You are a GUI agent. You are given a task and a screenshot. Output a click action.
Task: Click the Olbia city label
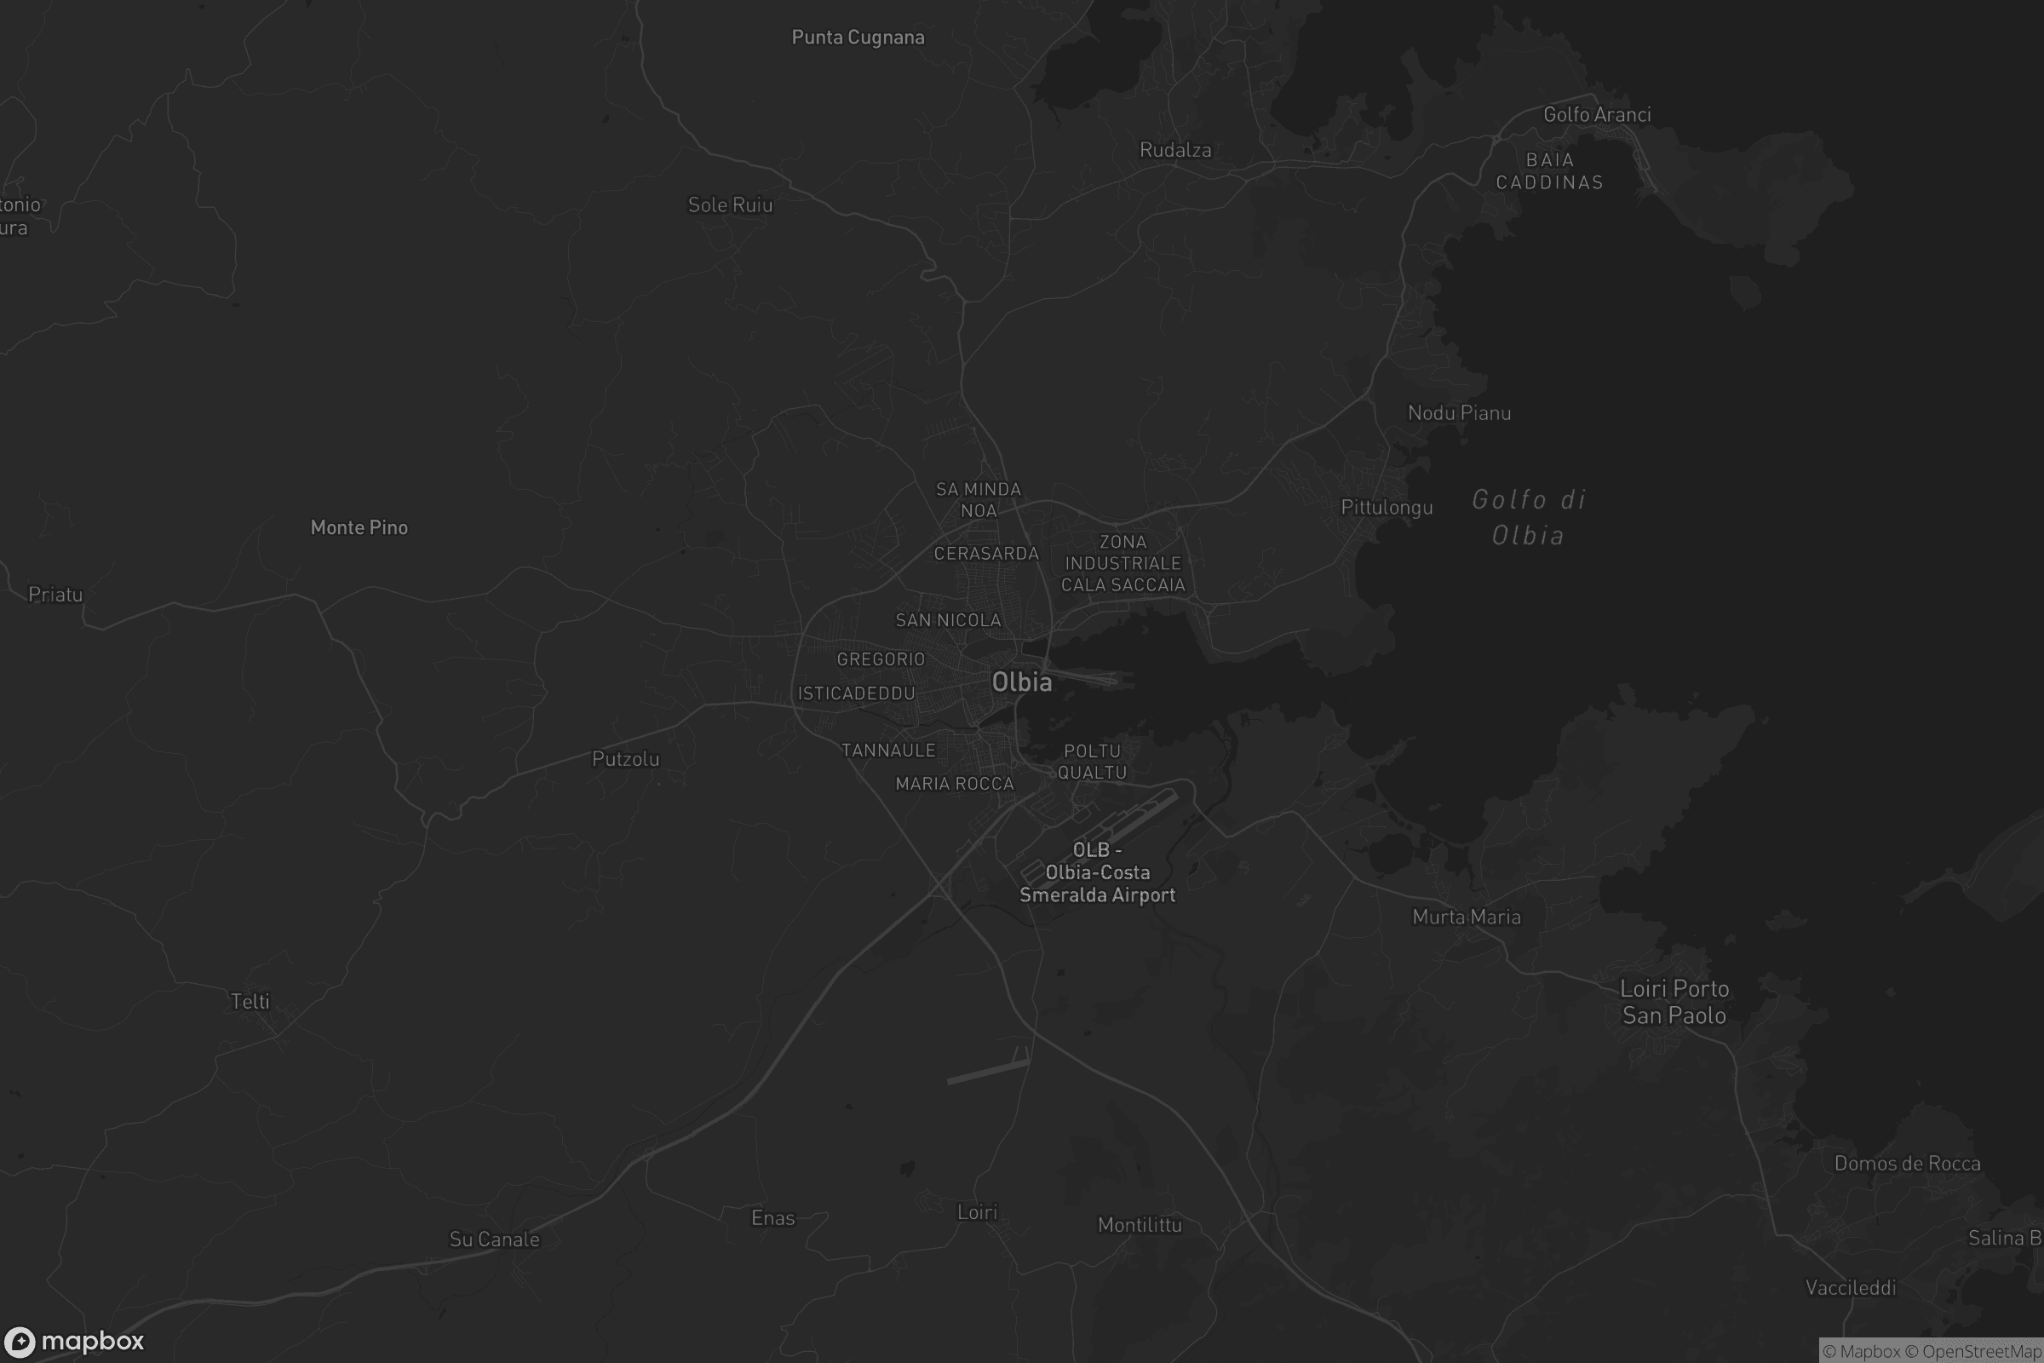coord(1022,682)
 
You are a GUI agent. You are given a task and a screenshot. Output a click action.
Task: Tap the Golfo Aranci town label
coord(1596,115)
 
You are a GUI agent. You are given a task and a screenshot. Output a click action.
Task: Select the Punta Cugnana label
coord(858,37)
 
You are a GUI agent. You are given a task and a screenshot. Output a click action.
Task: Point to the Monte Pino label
coord(359,527)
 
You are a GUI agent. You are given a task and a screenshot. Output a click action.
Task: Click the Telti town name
coord(250,1002)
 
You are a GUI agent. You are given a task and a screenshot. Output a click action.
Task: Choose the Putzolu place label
coord(626,759)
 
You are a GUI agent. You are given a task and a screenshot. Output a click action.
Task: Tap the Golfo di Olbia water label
coord(1529,517)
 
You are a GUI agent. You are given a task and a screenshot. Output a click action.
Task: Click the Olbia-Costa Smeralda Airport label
coord(1098,872)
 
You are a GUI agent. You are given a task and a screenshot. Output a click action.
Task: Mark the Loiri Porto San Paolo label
coord(1674,1003)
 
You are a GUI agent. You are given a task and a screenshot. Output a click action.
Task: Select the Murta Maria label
coord(1467,917)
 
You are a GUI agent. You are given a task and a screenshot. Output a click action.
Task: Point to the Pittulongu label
coord(1387,508)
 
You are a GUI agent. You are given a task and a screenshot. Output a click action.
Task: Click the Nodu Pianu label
coord(1459,413)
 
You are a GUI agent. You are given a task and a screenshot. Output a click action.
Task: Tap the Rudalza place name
coord(1175,151)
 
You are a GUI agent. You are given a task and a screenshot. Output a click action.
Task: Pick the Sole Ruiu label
coord(730,205)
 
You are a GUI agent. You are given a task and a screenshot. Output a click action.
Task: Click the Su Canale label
coord(495,1239)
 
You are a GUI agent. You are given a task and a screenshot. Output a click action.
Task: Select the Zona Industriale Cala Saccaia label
coord(1122,563)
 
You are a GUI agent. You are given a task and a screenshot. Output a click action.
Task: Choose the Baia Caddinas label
coord(1549,171)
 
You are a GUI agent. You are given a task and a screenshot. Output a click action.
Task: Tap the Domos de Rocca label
coord(1908,1164)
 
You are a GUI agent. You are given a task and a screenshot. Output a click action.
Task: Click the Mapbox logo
coord(75,1341)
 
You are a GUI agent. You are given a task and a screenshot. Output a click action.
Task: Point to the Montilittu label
coord(1140,1226)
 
